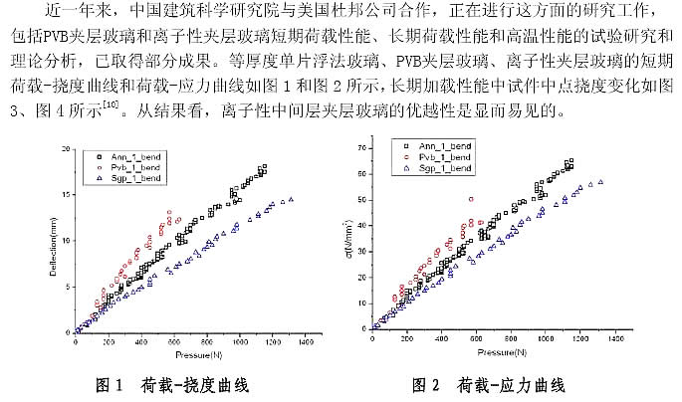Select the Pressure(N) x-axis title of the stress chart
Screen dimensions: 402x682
(496, 352)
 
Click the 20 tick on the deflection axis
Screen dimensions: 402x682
(66, 149)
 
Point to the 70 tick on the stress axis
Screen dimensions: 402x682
(360, 147)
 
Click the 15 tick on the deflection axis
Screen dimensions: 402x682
(66, 195)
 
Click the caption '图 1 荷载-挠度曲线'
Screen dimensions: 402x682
(170, 384)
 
